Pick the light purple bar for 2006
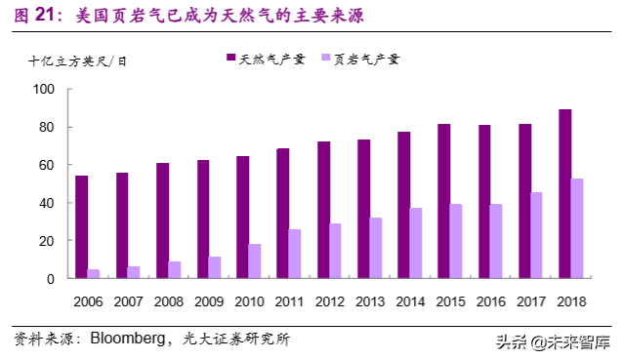click(95, 273)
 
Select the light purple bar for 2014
click(417, 243)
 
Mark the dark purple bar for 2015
click(444, 201)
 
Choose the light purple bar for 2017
click(538, 235)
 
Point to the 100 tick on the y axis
click(44, 90)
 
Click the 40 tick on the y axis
click(47, 203)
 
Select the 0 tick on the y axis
click(51, 279)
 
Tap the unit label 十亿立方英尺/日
click(77, 60)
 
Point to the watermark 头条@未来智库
click(552, 341)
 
